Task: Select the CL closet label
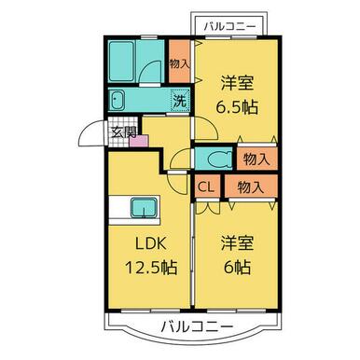[x=207, y=187]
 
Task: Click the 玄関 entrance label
[x=124, y=131]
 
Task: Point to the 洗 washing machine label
[x=177, y=100]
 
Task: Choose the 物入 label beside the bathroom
[x=179, y=63]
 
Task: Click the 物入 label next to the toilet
[x=256, y=159]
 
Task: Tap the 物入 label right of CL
[x=249, y=187]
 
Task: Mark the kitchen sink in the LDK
[x=143, y=206]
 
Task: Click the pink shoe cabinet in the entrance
[x=140, y=140]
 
